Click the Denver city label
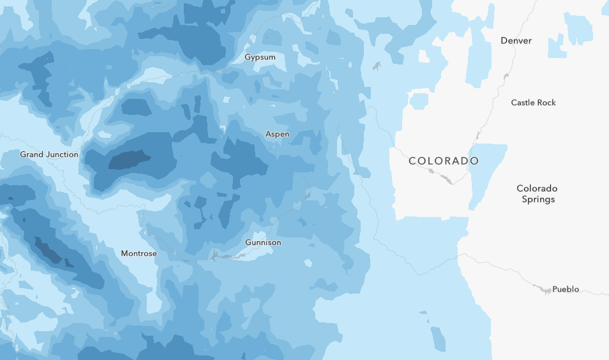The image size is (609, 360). [x=516, y=41]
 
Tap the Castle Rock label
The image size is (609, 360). [x=533, y=103]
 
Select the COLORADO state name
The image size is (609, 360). [x=443, y=161]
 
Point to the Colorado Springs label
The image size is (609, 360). [x=536, y=194]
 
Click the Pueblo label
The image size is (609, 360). [x=566, y=289]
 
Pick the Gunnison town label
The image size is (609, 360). [x=263, y=243]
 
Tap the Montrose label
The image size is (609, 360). [x=139, y=253]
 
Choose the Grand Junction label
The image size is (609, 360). [x=49, y=154]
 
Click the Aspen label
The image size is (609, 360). [x=277, y=134]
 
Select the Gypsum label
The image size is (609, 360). [x=260, y=57]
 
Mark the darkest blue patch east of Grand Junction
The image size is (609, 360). [x=130, y=160]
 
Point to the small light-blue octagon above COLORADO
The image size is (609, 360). [x=419, y=101]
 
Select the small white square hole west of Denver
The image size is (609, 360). [x=424, y=56]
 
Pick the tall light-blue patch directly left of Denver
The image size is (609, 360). [x=479, y=57]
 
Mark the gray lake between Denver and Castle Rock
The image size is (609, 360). [x=506, y=77]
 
